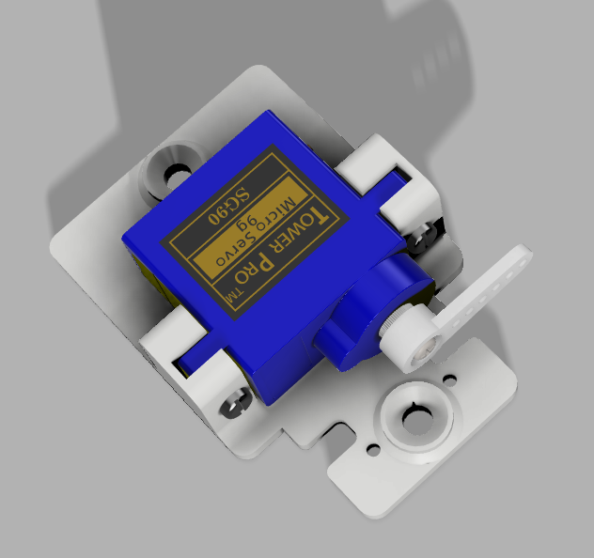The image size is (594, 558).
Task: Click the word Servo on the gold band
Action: [235, 249]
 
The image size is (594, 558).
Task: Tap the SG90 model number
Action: [228, 206]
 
